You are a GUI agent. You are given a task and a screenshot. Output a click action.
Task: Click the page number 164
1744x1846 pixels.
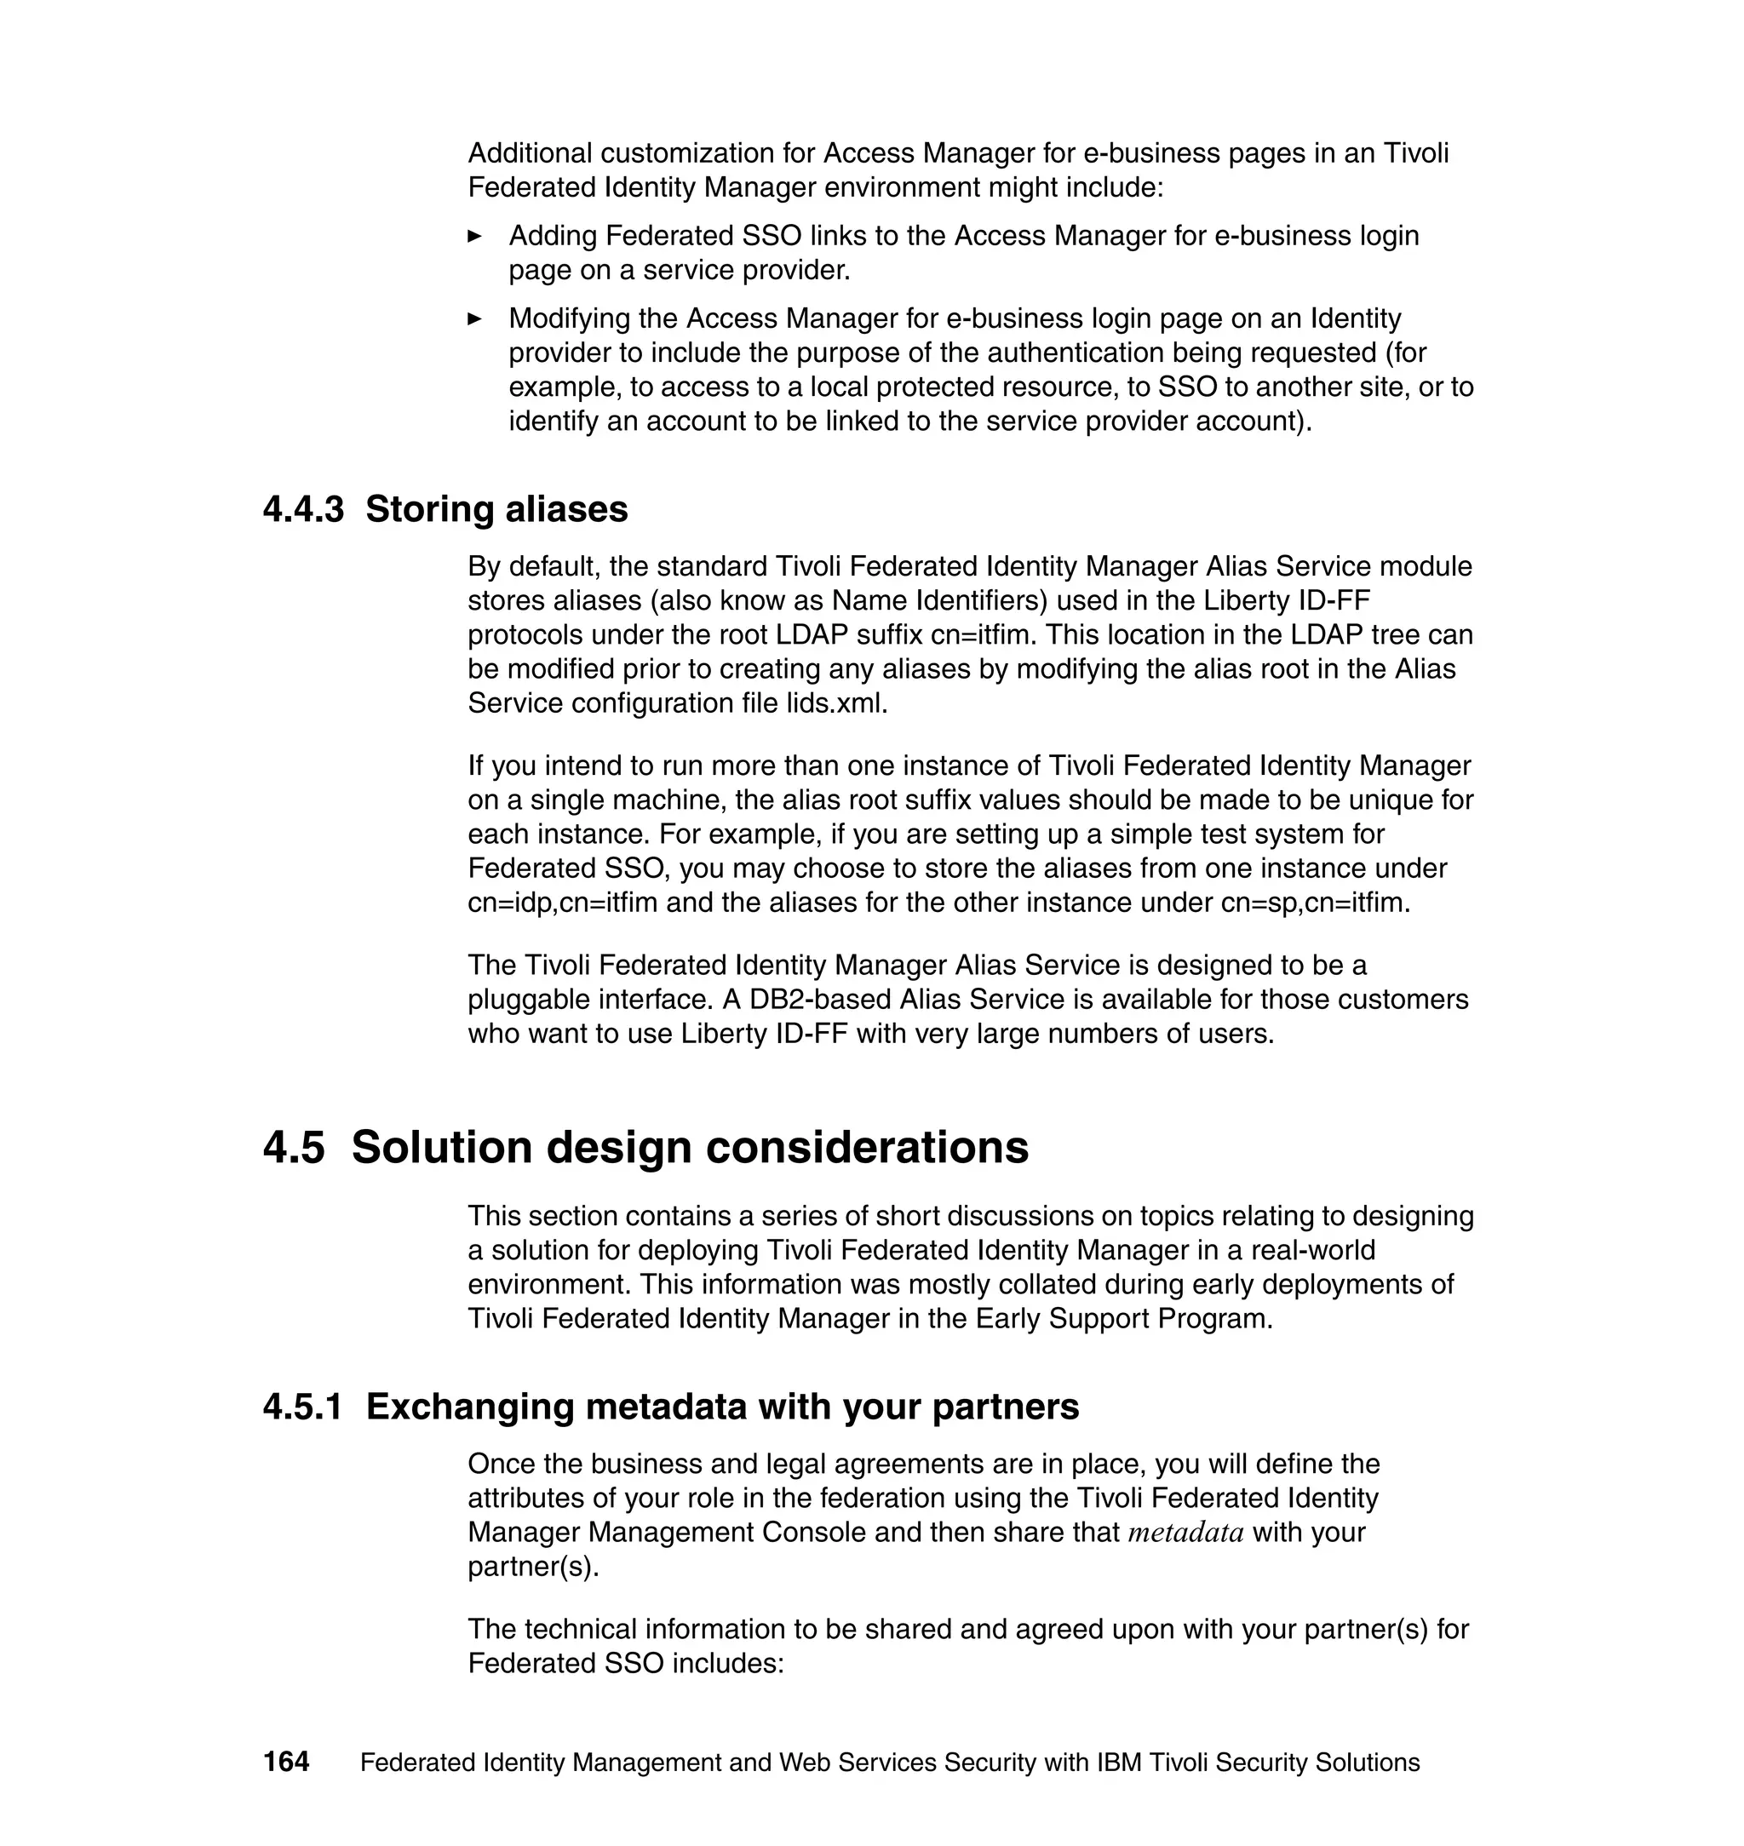click(285, 1763)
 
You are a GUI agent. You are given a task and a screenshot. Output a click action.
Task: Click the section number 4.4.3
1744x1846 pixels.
click(303, 509)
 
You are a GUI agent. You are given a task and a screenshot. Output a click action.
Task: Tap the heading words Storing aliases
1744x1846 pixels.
click(496, 509)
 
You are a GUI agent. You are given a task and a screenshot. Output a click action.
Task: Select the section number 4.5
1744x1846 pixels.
click(294, 1147)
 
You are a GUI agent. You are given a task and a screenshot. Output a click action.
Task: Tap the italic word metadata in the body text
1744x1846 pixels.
click(1185, 1533)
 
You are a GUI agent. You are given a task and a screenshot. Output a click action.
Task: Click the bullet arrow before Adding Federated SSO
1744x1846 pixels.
click(475, 236)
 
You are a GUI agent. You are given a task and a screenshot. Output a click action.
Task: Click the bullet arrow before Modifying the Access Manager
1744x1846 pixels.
click(475, 318)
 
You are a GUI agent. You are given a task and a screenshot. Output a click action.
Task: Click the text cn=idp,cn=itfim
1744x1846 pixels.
click(562, 903)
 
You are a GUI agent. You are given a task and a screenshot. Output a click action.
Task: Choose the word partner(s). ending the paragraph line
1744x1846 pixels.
click(533, 1568)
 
